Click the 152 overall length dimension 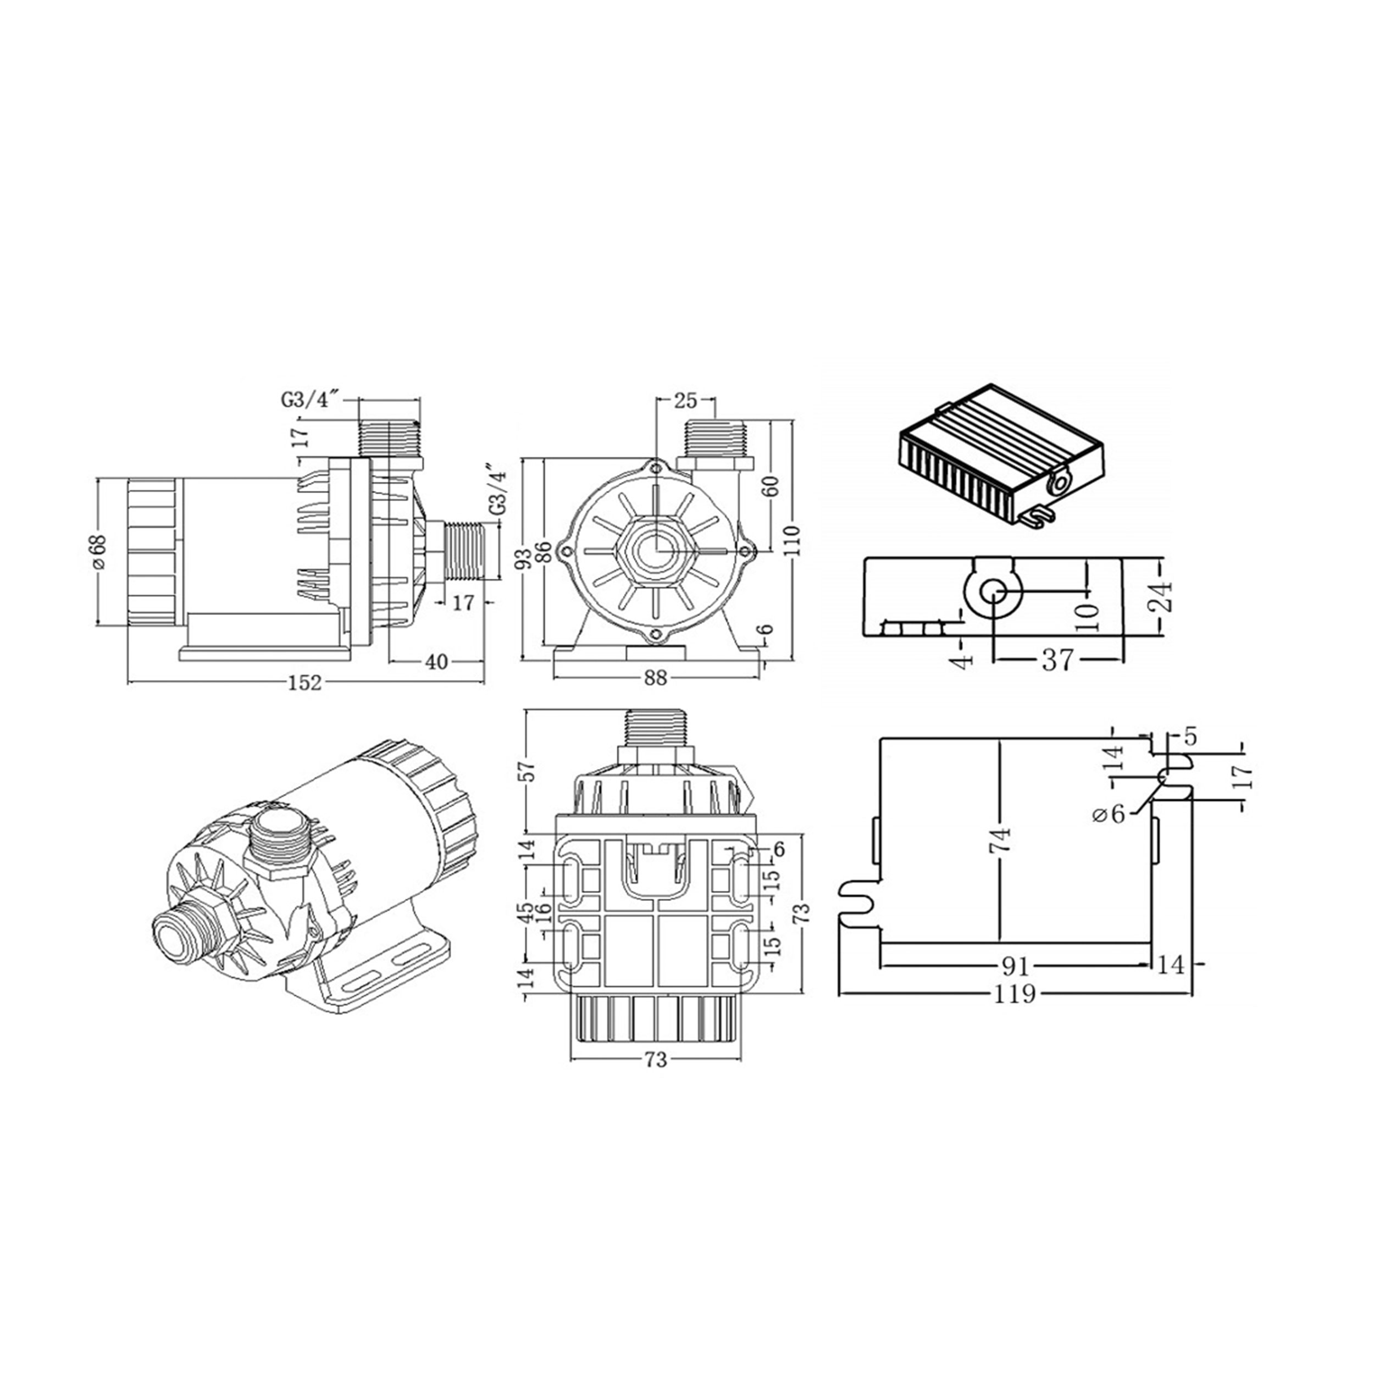click(304, 683)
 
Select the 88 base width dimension click(656, 678)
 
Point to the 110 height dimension click(794, 540)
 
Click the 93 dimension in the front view click(525, 558)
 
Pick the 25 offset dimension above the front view click(684, 401)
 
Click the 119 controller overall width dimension click(1016, 994)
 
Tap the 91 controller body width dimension click(1016, 966)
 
